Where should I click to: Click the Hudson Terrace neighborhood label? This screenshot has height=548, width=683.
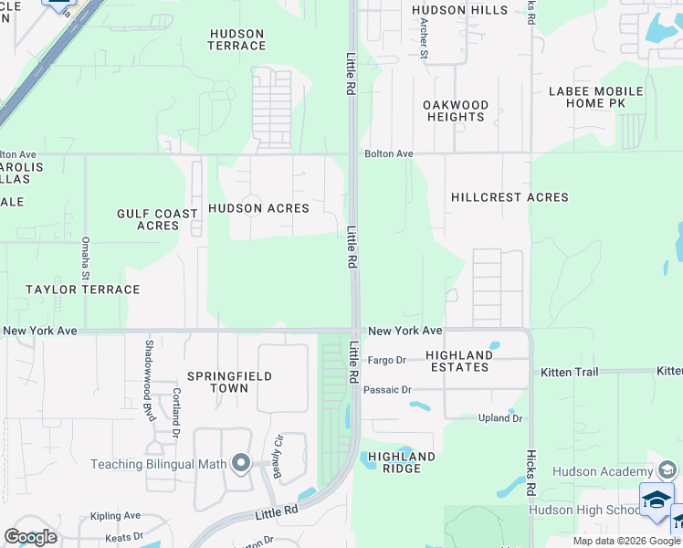click(237, 39)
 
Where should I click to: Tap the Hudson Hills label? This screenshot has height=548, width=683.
click(459, 10)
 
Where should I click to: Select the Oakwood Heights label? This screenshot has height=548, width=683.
click(456, 111)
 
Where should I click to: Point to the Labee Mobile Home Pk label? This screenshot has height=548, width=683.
click(596, 98)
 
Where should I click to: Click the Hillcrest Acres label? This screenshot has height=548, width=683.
click(510, 197)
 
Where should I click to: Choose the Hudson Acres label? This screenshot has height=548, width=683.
click(258, 208)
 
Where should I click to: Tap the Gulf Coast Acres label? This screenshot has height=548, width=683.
click(157, 219)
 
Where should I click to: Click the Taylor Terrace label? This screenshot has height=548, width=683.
click(83, 290)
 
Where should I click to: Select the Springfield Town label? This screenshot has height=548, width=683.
click(217, 382)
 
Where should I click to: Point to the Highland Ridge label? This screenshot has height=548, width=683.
click(402, 462)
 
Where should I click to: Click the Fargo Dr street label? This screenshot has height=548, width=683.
click(386, 361)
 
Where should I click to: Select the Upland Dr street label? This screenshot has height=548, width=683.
click(500, 418)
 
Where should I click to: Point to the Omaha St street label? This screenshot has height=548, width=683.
click(85, 258)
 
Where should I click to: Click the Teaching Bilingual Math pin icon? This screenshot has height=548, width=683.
click(240, 464)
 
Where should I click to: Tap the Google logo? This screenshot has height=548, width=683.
click(30, 537)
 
